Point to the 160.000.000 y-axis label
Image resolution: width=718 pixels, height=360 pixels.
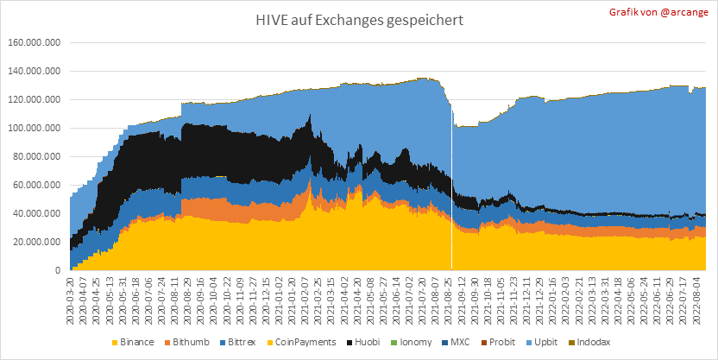[x=34, y=42]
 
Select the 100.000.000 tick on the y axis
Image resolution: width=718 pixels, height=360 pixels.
[x=34, y=128]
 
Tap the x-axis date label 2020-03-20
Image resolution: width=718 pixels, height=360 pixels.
[x=70, y=298]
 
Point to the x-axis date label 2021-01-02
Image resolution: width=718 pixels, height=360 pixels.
[x=289, y=298]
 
